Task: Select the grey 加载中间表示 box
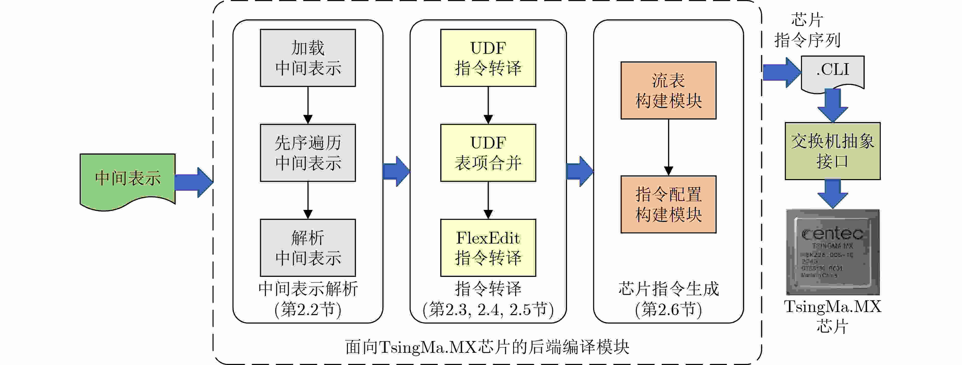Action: point(308,58)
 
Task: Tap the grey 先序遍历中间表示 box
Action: point(308,153)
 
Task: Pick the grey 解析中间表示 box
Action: point(308,248)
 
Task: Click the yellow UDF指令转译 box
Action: point(488,58)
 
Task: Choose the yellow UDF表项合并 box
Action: point(488,153)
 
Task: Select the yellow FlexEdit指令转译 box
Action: point(488,248)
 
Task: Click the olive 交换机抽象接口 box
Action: point(832,151)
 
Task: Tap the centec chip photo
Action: point(833,252)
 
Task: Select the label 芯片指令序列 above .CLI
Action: point(807,30)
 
